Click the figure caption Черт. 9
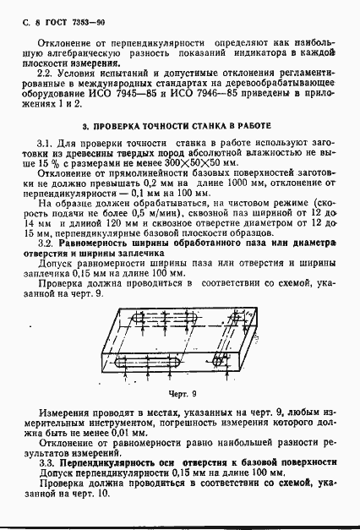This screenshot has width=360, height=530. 180,393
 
